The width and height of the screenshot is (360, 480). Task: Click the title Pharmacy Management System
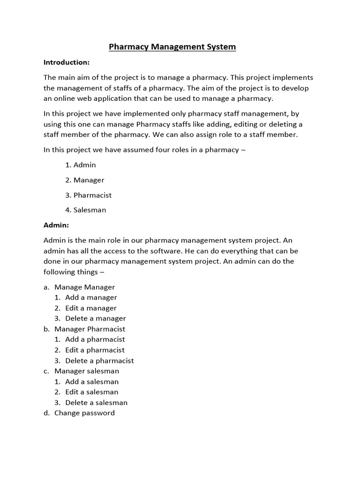[x=172, y=47]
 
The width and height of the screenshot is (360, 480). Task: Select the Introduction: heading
[x=66, y=62]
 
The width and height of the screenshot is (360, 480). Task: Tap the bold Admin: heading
[x=56, y=225]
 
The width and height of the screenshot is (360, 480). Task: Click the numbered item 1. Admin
[x=81, y=165]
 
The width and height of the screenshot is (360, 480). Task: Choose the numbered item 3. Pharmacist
[x=89, y=195]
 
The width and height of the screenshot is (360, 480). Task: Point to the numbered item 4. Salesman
[x=86, y=210]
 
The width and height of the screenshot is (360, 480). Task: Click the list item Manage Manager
[x=84, y=287]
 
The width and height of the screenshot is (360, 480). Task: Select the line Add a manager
[x=91, y=297]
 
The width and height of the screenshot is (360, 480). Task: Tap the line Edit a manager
[x=91, y=308]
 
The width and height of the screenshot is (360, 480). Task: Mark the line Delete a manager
[x=96, y=318]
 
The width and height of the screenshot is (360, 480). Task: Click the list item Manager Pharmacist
[x=90, y=329]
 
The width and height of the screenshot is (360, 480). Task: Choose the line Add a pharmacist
[x=95, y=339]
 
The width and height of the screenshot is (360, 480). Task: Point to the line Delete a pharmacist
[x=99, y=360]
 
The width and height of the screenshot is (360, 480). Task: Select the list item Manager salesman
[x=87, y=371]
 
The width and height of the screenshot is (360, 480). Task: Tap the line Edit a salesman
[x=91, y=392]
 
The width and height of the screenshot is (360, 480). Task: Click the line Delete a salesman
[x=96, y=403]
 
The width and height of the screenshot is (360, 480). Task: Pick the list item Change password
[x=84, y=413]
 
